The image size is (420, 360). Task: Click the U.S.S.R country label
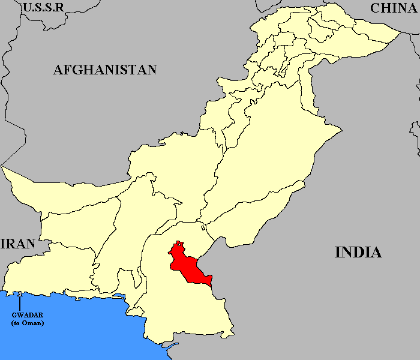(43, 7)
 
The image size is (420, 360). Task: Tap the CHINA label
(393, 8)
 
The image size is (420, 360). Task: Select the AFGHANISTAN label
(105, 70)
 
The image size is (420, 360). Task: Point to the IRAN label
(18, 244)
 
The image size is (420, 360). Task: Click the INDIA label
(358, 252)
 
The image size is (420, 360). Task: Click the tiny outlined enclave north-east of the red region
(203, 228)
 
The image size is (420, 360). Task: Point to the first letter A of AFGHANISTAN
(58, 70)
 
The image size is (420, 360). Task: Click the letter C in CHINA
(376, 8)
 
